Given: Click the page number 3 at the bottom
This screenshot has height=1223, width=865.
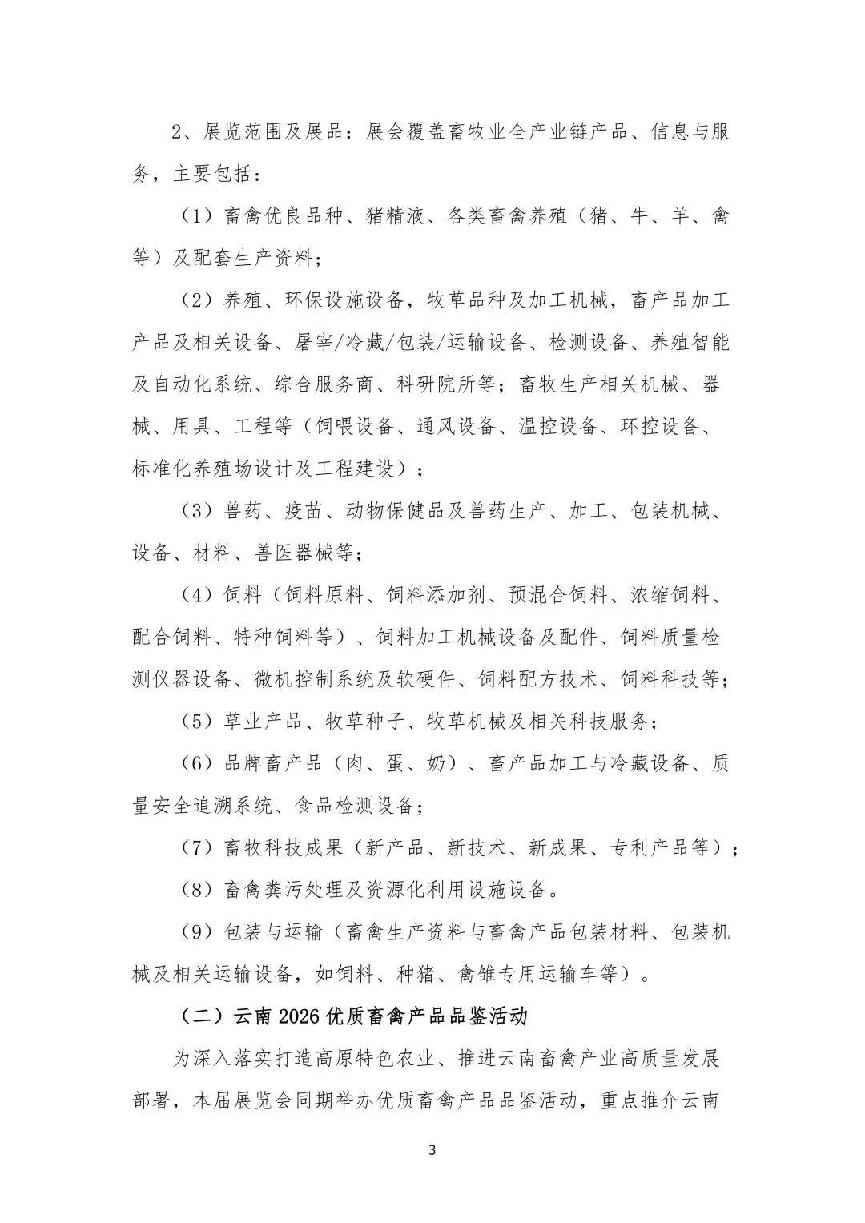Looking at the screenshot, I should (432, 1151).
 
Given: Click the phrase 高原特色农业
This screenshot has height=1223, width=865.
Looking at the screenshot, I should (376, 1058).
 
